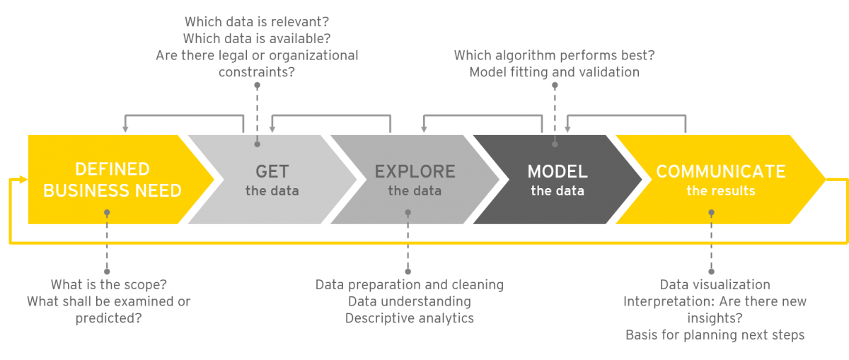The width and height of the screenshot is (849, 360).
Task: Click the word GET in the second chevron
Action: [272, 172]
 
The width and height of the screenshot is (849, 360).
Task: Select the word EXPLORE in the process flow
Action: [415, 172]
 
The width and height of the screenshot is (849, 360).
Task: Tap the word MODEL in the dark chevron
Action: [558, 172]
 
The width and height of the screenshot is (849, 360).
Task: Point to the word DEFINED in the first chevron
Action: [112, 170]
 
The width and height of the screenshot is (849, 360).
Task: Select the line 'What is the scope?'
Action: [108, 285]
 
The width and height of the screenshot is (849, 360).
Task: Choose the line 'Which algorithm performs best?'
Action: [554, 55]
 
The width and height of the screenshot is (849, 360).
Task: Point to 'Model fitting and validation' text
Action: [554, 72]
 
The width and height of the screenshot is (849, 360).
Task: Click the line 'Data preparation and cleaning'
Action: [410, 285]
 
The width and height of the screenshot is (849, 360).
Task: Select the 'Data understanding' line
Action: [410, 302]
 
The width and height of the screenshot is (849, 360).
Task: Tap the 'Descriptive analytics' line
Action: [410, 318]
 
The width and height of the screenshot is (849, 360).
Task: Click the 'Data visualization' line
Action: [715, 285]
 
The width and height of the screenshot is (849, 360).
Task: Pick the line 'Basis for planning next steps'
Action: [715, 335]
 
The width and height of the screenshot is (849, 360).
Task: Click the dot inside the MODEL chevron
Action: [555, 144]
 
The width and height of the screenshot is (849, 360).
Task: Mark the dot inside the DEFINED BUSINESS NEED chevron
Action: [107, 211]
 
